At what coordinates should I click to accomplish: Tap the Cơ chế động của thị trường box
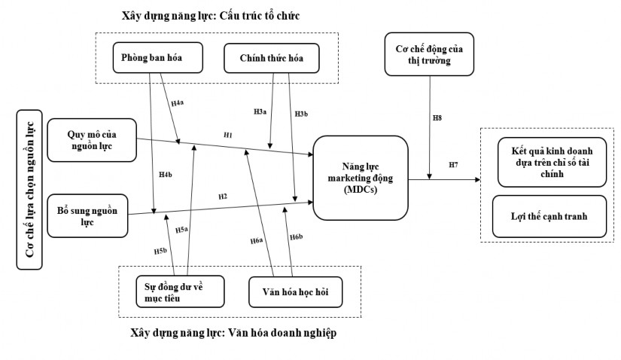[x=428, y=54]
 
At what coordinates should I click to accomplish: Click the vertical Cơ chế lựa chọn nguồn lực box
[x=30, y=189]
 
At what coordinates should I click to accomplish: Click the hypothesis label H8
[x=437, y=118]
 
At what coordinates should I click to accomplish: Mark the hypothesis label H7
[x=453, y=164]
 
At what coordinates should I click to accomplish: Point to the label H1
[x=227, y=134]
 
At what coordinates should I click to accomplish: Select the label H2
[x=222, y=197]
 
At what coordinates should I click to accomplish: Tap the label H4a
[x=178, y=102]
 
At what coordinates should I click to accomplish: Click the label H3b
[x=302, y=113]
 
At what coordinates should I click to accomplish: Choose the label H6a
[x=257, y=240]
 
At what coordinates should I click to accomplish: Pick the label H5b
[x=160, y=250]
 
